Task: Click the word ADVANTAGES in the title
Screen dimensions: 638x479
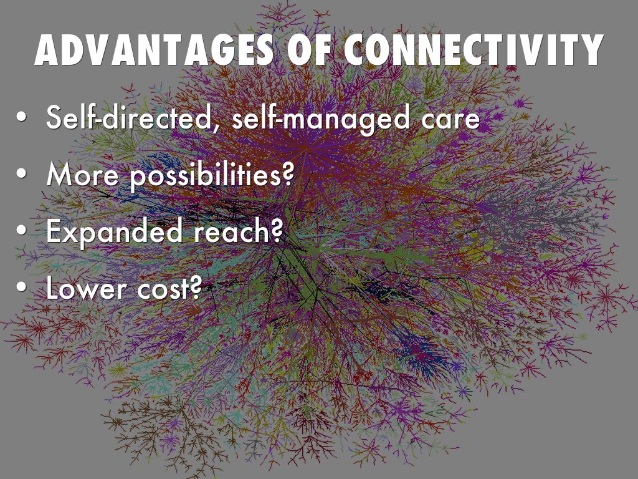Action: point(154,50)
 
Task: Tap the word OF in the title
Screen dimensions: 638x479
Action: point(308,50)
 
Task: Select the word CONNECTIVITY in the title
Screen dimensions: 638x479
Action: point(474,50)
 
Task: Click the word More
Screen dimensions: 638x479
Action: point(82,175)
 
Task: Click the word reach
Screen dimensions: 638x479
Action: point(232,231)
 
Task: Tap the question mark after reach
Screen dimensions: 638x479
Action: point(277,231)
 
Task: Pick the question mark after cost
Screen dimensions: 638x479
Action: point(196,288)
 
